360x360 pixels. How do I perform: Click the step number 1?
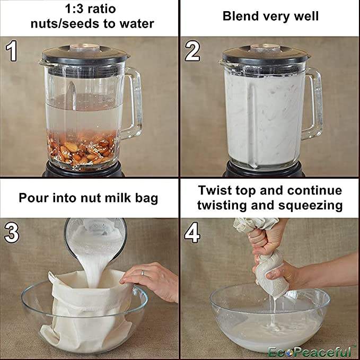pos(11,51)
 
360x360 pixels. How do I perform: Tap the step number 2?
pos(192,51)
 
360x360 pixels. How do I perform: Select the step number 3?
pos(12,232)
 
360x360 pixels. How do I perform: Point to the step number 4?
pos(192,232)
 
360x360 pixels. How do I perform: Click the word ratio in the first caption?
pos(102,9)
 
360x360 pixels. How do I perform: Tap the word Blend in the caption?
pos(241,16)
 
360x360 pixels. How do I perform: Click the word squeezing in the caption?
pos(310,206)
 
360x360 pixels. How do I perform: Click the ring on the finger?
pos(143,273)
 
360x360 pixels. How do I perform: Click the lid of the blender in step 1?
pos(84,54)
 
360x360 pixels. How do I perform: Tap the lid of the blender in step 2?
pos(265,54)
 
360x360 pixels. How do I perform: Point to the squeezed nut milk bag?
pos(271,273)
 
